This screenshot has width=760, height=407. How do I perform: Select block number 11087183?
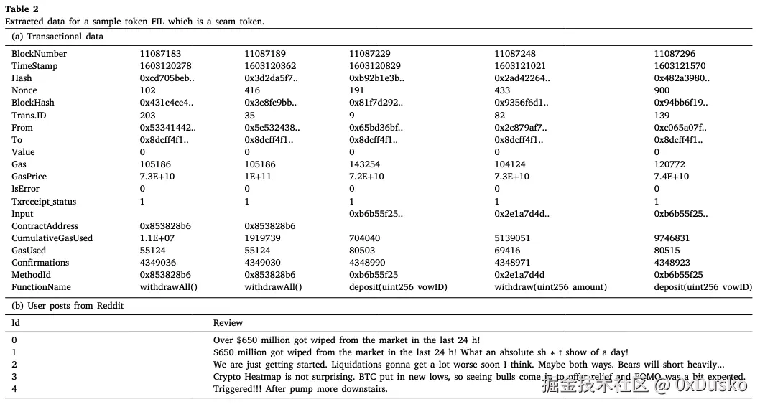point(160,54)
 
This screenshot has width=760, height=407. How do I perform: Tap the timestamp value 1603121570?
point(680,66)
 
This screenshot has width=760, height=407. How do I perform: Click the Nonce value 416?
point(253,90)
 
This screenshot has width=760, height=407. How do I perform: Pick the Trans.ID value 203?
point(147,116)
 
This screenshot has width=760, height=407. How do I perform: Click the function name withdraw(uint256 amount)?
point(550,287)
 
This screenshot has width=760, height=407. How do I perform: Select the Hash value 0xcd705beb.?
point(167,78)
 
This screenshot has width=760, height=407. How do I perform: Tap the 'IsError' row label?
point(27,190)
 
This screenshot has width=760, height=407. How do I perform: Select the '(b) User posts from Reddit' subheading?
point(68,306)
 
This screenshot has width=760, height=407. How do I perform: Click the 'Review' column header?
point(228,323)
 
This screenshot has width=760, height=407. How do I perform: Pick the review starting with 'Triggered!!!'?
point(300,389)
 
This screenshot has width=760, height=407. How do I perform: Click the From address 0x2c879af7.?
point(521,128)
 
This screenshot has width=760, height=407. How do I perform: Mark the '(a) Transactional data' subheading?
point(57,37)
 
